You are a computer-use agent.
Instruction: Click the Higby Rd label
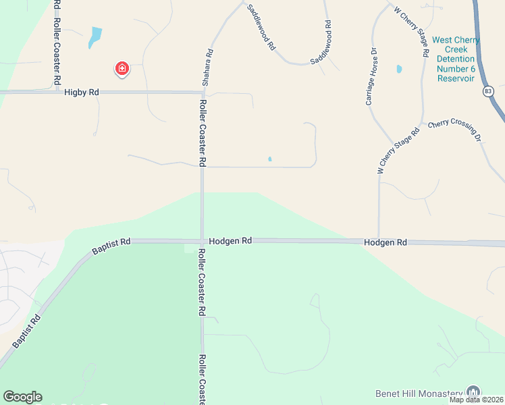click(82, 92)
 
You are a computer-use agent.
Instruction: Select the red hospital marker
click(122, 69)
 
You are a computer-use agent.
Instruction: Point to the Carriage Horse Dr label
click(370, 76)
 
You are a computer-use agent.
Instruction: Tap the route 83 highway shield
click(488, 91)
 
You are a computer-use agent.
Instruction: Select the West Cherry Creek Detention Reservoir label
click(456, 59)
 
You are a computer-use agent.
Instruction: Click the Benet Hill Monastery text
click(419, 393)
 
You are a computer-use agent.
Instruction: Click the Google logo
click(22, 397)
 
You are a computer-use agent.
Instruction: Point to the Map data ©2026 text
click(477, 400)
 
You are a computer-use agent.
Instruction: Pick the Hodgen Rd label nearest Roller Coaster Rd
click(230, 240)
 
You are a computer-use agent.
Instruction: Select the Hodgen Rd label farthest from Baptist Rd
click(386, 242)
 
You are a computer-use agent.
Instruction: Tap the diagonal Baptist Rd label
click(26, 331)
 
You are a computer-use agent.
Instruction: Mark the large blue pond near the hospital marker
click(95, 37)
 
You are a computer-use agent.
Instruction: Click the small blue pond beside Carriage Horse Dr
click(399, 69)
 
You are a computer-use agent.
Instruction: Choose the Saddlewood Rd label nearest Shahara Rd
click(261, 28)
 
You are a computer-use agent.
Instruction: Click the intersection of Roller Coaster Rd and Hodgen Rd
click(202, 241)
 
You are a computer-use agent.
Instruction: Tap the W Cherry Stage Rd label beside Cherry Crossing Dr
click(398, 150)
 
